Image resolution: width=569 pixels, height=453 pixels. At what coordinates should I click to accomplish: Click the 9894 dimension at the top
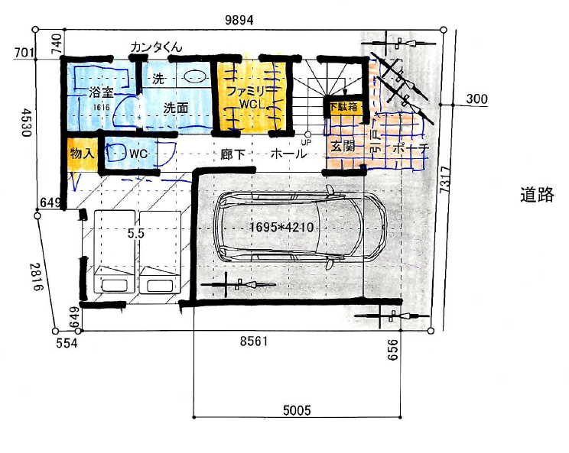point(239,20)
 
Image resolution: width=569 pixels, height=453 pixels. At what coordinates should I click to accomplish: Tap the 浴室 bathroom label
point(101,92)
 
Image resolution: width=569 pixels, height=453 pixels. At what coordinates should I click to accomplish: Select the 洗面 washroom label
point(176,108)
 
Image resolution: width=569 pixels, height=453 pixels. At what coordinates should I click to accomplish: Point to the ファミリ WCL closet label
point(250,97)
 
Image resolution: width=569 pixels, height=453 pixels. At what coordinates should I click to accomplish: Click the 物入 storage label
point(82,154)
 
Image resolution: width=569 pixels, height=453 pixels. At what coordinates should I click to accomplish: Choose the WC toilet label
point(138,154)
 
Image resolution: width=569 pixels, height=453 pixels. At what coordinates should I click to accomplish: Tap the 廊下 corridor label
point(233,155)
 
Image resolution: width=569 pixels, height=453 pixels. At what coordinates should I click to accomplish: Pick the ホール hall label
point(289,154)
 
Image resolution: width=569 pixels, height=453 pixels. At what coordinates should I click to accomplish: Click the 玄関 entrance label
point(343,147)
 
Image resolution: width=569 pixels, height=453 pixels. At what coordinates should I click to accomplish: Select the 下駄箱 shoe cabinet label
point(343,107)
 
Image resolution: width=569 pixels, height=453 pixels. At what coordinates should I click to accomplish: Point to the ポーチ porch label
point(411,149)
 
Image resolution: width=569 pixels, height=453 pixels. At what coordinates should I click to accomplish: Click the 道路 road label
point(537,195)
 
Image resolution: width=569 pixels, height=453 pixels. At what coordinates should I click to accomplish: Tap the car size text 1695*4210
point(281,227)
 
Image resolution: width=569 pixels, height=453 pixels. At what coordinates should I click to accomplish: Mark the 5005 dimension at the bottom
point(297,410)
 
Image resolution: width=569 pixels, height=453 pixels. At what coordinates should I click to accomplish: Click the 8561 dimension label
point(254,341)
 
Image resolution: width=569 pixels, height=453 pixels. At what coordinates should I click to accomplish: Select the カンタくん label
point(156,47)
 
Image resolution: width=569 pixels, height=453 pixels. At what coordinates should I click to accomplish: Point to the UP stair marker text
point(306,142)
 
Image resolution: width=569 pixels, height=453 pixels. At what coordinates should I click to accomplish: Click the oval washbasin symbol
point(195,76)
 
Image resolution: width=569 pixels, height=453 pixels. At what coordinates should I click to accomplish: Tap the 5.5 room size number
point(135,234)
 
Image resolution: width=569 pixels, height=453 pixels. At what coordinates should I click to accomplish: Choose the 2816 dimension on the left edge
point(36,277)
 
